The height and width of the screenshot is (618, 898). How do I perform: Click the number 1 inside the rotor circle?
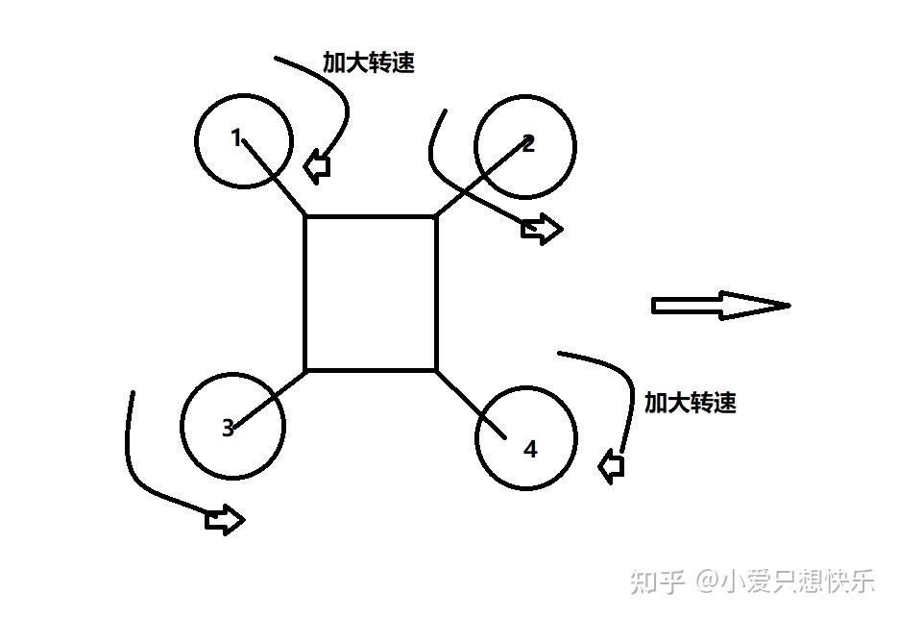[x=236, y=138]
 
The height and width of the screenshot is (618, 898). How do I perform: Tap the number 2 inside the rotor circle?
[x=529, y=144]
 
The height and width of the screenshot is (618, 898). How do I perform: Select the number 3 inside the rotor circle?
[x=228, y=429]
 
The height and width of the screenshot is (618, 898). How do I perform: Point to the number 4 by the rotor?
[x=530, y=449]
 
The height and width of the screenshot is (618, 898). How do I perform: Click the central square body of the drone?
[x=371, y=293]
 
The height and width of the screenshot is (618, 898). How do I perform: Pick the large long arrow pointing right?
[x=720, y=306]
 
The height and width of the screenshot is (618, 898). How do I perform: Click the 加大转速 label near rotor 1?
[x=369, y=63]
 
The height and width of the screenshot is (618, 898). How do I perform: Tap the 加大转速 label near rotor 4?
[x=690, y=403]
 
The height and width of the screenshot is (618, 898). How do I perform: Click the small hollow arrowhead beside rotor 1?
[x=317, y=166]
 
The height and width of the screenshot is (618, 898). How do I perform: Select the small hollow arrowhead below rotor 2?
[x=542, y=229]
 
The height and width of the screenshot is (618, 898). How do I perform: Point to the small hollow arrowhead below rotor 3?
[x=226, y=520]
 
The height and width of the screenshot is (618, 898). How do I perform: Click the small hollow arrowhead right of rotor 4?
[x=611, y=467]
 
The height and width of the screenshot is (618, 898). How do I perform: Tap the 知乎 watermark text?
[x=656, y=581]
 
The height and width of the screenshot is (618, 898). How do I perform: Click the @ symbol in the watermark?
[x=708, y=581]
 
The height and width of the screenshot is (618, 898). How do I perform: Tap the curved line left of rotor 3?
[x=129, y=452]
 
